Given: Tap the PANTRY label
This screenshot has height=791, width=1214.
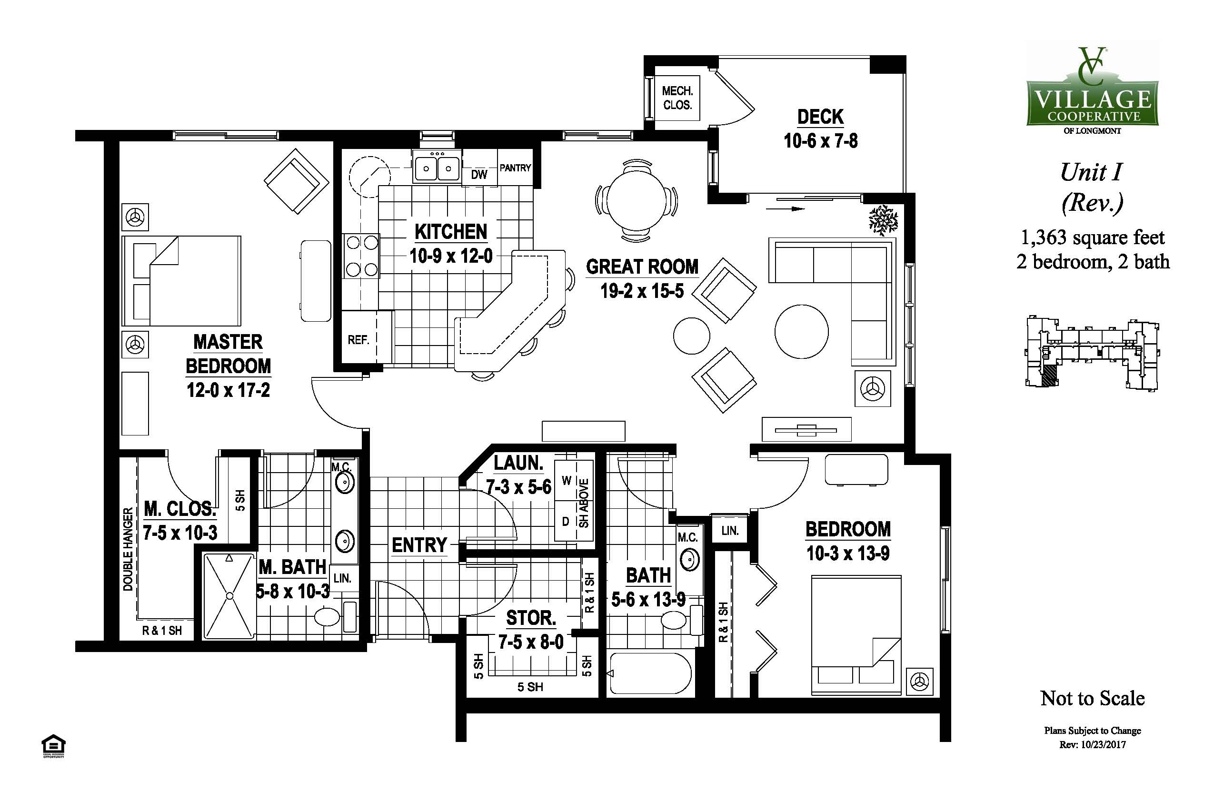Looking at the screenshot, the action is coord(515,168).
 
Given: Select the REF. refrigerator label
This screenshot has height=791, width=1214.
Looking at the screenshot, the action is coord(358,340).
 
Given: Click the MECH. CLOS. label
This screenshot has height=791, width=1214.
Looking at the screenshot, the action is coord(677,98).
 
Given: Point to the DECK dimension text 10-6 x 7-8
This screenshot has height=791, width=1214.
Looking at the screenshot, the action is coord(821,141).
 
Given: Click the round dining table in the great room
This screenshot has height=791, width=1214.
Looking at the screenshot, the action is coord(637,201).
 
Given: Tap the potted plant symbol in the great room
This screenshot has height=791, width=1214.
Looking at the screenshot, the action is coord(883,220).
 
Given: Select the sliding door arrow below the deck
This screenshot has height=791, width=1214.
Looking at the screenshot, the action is coord(786,208).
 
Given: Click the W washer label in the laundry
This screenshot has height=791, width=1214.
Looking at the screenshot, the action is coord(566,480).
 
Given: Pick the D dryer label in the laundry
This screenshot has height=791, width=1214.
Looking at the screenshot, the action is coord(565,522).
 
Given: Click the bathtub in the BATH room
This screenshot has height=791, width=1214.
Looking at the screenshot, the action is coord(651,673).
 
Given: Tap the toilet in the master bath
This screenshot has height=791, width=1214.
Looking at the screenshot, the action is coord(334,617).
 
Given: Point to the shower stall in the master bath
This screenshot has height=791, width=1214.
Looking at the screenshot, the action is coord(229,596).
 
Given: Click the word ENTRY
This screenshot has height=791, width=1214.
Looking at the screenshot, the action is coord(419,545).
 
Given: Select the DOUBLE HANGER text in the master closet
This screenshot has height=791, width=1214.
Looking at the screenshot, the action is coord(128,549).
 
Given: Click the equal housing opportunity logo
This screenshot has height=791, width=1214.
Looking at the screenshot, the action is coord(53,746).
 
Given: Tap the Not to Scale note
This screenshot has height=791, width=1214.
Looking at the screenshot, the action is coord(1092,698).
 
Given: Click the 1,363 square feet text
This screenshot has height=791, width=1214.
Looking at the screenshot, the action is coord(1093,237).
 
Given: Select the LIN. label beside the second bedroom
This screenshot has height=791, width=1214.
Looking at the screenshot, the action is coord(730,531).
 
